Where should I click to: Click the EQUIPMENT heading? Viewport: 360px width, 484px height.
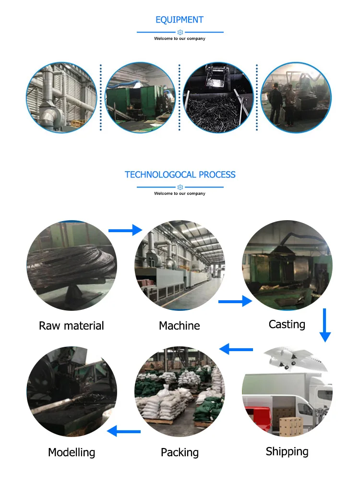180,20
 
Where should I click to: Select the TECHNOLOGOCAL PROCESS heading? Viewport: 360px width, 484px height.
180,175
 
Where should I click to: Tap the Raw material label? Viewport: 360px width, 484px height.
71,326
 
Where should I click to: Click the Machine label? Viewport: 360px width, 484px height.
180,326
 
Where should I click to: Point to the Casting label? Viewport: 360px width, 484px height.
287,324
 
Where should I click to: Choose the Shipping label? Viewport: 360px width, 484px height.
287,451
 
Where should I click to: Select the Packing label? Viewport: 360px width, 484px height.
180,452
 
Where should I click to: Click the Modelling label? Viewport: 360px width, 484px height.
72,452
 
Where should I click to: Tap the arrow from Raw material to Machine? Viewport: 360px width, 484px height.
125,231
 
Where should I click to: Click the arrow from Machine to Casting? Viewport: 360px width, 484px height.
235,301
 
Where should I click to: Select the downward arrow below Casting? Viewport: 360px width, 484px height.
325,325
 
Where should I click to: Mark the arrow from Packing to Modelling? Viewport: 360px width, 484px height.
124,431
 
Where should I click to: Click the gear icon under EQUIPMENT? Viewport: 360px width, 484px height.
180,32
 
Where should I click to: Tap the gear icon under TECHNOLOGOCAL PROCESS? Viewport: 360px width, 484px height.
180,187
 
